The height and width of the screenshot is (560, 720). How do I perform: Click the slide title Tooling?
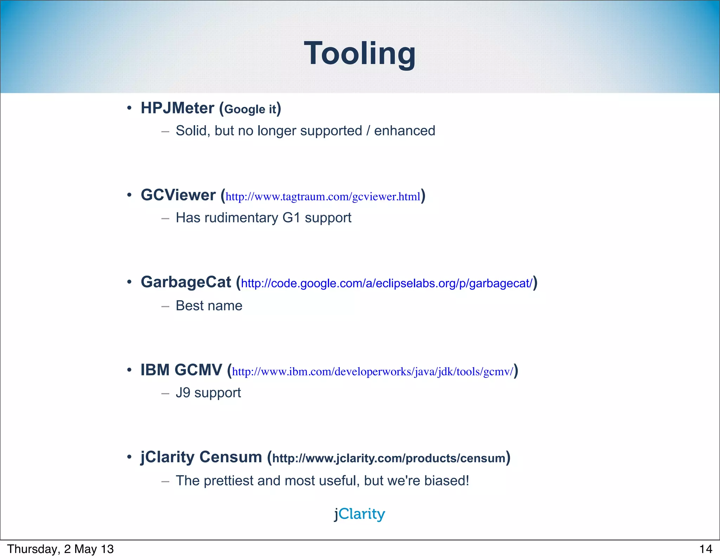(x=360, y=53)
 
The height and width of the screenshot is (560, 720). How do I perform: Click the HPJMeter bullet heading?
(x=177, y=108)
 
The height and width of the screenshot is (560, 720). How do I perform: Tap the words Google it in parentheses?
(x=250, y=109)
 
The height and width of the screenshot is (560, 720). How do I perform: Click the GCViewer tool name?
(x=178, y=195)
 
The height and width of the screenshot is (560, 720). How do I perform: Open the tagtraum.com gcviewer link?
(x=323, y=197)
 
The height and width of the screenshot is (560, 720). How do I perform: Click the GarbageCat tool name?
(x=186, y=282)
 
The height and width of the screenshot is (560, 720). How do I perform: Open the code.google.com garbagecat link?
(x=387, y=283)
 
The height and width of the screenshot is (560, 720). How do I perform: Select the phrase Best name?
(x=209, y=306)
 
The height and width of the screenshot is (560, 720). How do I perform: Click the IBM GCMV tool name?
(x=181, y=370)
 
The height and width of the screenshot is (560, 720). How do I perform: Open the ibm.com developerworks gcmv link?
(x=373, y=372)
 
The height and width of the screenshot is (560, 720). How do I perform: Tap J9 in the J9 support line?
(x=183, y=393)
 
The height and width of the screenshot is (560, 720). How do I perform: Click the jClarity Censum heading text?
(x=201, y=457)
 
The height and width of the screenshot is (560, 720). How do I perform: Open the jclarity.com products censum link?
(x=388, y=458)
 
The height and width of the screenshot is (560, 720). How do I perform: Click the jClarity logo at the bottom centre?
(x=360, y=514)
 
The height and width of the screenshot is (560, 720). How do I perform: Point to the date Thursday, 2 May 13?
(x=60, y=549)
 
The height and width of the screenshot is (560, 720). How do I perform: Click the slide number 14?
(x=706, y=549)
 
